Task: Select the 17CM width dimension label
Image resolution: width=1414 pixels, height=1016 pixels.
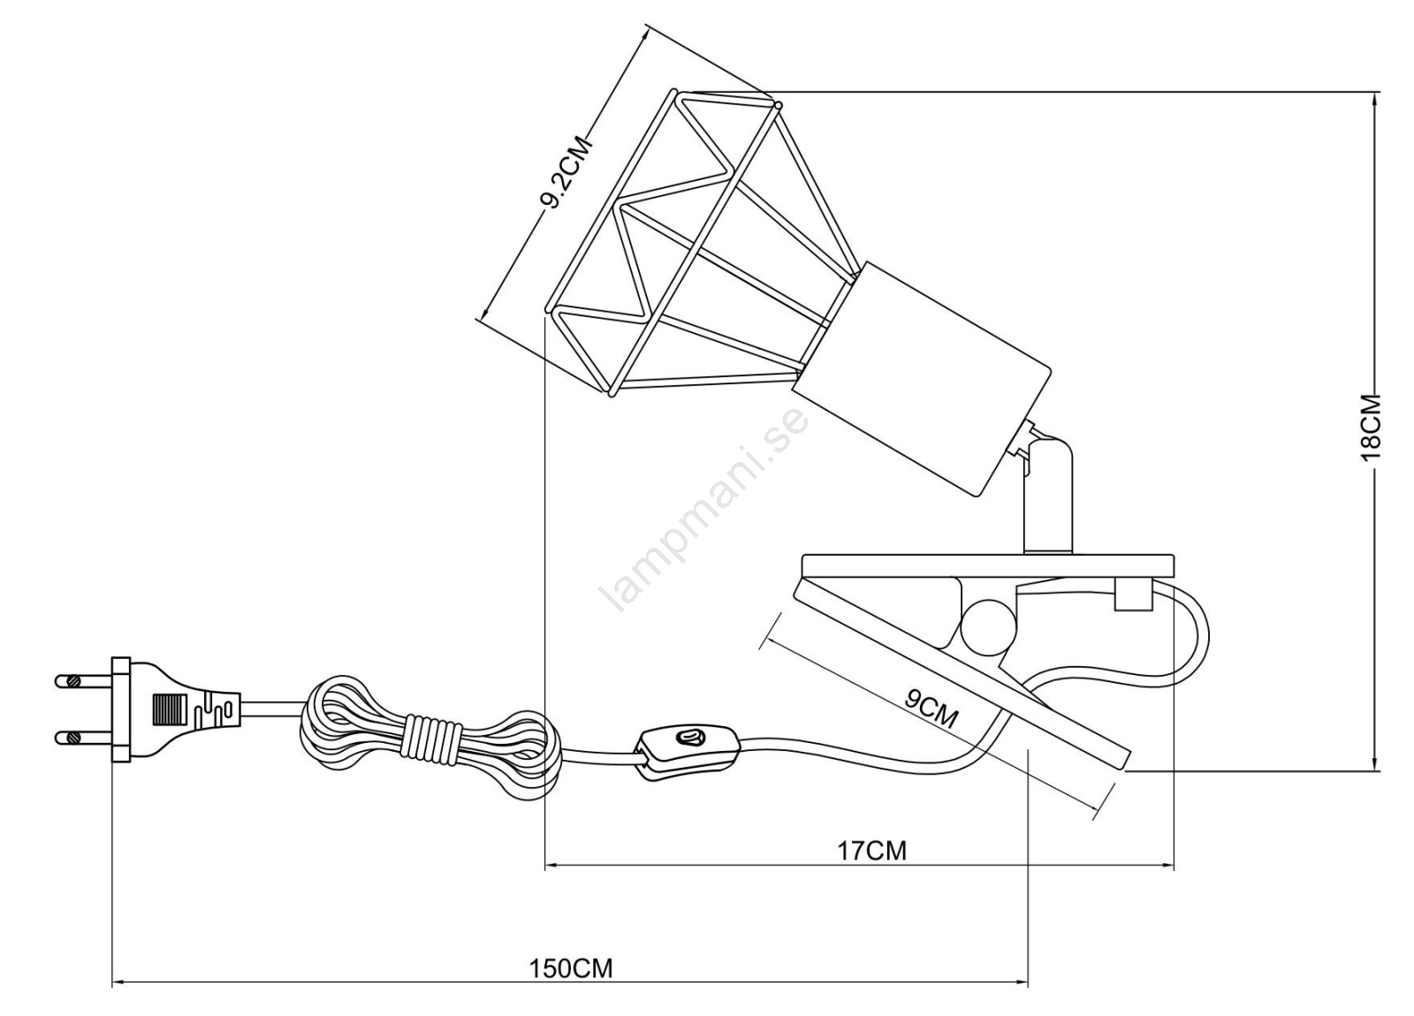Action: pos(871,850)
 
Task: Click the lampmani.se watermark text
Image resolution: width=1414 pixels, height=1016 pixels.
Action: pos(703,510)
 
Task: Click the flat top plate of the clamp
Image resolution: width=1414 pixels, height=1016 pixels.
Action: pos(990,564)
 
